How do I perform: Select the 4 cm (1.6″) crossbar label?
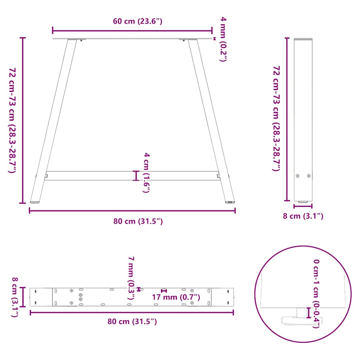pyautogui.click(x=147, y=173)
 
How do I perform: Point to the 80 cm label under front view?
pyautogui.click(x=138, y=221)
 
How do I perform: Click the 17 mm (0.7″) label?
pyautogui.click(x=176, y=297)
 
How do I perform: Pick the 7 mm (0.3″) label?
pyautogui.click(x=131, y=278)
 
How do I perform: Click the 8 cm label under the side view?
pyautogui.click(x=303, y=216)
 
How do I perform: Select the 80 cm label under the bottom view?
pyautogui.click(x=132, y=321)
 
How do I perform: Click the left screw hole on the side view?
pyautogui.click(x=298, y=176)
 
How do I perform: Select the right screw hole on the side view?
pyautogui.click(x=309, y=176)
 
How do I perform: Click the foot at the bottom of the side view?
pyautogui.click(x=303, y=202)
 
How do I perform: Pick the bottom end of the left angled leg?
pyautogui.click(x=35, y=201)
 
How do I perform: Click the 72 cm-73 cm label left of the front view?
pyautogui.click(x=13, y=120)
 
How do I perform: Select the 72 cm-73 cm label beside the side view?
pyautogui.click(x=277, y=118)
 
